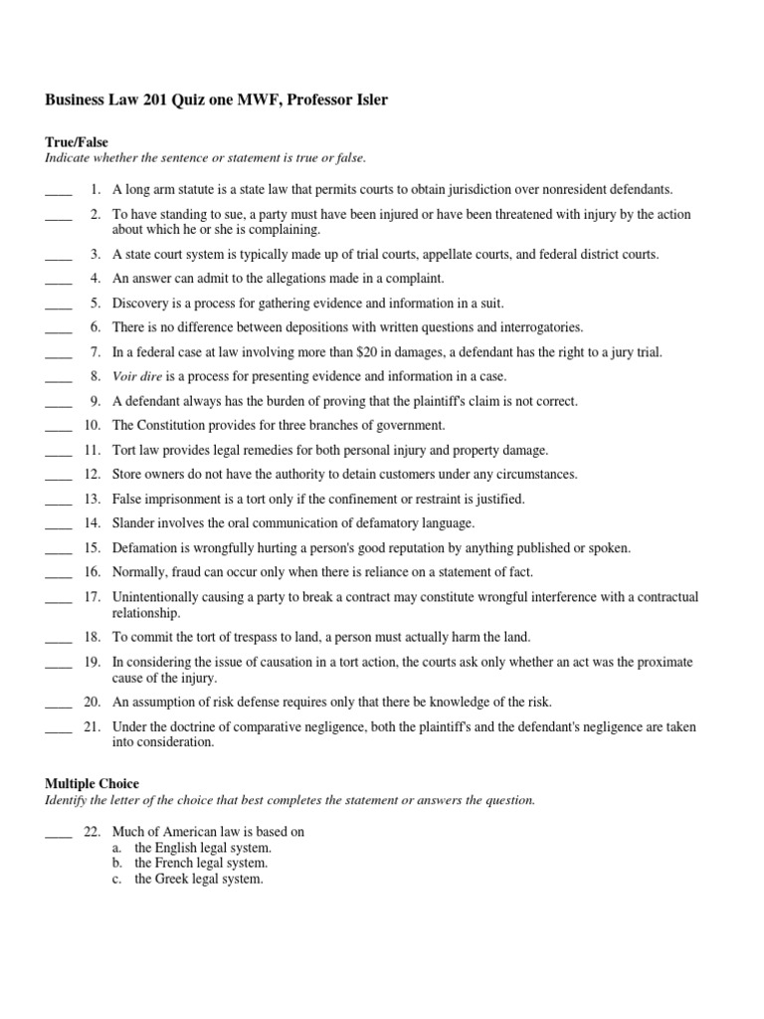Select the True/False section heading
click(x=77, y=142)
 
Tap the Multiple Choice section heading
click(x=93, y=784)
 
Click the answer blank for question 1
click(x=59, y=190)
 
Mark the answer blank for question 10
click(x=59, y=427)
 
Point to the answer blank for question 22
click(x=59, y=832)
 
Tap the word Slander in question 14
click(x=133, y=523)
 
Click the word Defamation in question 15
click(x=145, y=548)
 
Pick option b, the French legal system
click(x=201, y=864)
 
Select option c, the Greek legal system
click(x=199, y=880)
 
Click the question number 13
click(x=93, y=500)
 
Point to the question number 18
click(x=93, y=637)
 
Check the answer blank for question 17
click(x=59, y=598)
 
